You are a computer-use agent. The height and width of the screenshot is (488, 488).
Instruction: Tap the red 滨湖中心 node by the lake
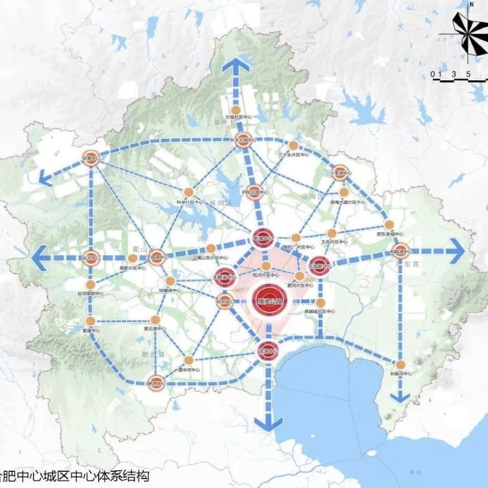click(x=268, y=350)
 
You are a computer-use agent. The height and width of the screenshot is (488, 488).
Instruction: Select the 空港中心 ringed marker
click(x=90, y=157)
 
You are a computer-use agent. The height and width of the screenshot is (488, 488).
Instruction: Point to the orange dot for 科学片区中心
click(x=189, y=192)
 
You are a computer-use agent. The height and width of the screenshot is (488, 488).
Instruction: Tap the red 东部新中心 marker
click(x=320, y=264)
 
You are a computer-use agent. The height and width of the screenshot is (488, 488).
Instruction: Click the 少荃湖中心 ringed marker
click(x=340, y=171)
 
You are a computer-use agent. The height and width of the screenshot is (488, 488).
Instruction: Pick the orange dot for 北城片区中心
click(x=236, y=109)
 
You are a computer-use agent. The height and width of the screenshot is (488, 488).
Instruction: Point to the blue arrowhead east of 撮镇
click(x=456, y=251)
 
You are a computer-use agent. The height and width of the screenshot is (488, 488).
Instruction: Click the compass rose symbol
click(x=466, y=33)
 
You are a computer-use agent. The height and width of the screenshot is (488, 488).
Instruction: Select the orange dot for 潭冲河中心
click(x=189, y=360)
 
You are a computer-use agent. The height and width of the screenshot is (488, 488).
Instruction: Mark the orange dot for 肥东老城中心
click(x=389, y=225)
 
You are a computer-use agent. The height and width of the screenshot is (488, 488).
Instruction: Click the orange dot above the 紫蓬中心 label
click(x=90, y=321)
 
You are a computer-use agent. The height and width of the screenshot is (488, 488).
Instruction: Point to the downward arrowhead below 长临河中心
click(x=399, y=397)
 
